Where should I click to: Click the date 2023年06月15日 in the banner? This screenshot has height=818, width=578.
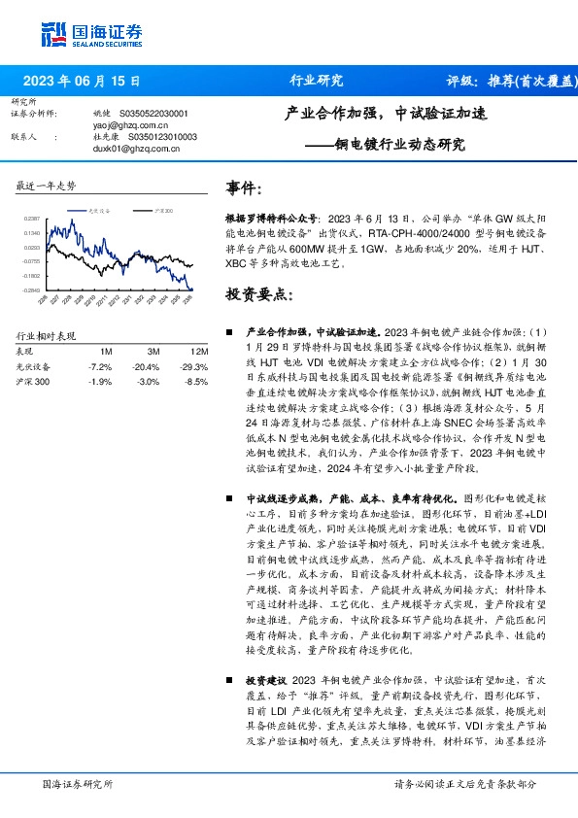(x=82, y=81)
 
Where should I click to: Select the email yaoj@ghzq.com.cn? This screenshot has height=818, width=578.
(x=124, y=125)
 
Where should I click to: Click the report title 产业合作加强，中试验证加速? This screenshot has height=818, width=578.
(x=386, y=113)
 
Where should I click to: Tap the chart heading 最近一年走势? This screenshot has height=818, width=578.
(x=47, y=186)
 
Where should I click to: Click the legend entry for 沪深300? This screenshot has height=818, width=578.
(x=160, y=210)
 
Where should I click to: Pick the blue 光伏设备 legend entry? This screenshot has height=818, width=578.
(x=94, y=210)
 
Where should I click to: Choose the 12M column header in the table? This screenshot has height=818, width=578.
(x=199, y=350)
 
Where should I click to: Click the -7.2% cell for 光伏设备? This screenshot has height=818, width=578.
(x=100, y=366)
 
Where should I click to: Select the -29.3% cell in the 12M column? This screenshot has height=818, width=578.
(x=195, y=366)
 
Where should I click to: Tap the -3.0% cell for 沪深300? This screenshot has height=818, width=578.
(x=148, y=382)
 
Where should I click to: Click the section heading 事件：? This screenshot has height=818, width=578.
(x=244, y=187)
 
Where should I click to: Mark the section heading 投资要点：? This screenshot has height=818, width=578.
(x=256, y=293)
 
